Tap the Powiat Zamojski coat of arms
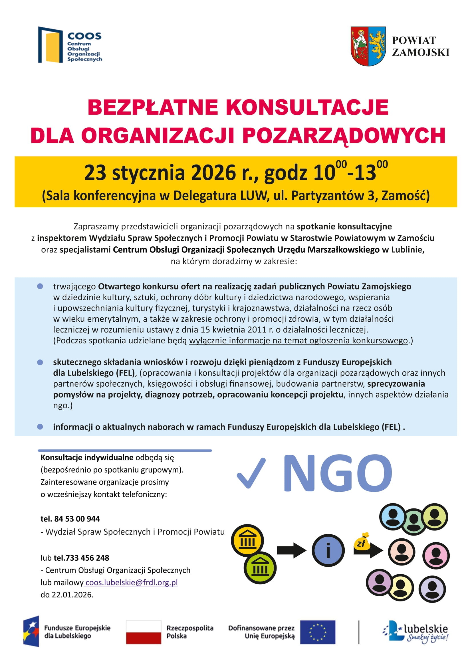point(368,46)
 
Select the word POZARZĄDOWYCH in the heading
point(344,135)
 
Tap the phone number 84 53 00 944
point(77,518)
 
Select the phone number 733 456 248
point(87,558)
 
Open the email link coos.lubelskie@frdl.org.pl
point(131,582)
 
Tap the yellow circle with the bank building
point(247,540)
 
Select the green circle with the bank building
point(260,568)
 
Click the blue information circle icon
point(328,550)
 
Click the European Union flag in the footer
point(317,632)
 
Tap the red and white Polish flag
point(144,632)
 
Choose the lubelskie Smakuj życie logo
point(415,632)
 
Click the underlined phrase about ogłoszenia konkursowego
point(298,340)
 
